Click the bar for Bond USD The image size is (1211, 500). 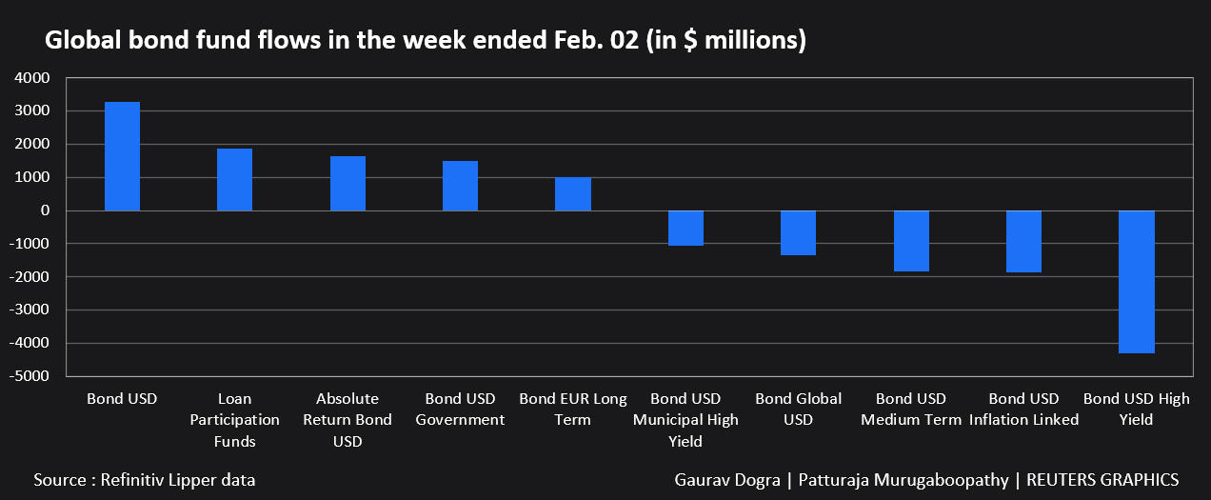[x=122, y=156]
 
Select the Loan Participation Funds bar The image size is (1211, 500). [x=234, y=180]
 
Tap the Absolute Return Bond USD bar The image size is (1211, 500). [x=347, y=184]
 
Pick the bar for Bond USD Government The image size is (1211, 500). [x=460, y=186]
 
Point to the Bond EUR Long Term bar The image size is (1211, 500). [x=573, y=194]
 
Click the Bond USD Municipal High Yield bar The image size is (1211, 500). [x=685, y=228]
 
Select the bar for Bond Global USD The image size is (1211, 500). [x=798, y=232]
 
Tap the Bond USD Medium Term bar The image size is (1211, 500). [x=911, y=241]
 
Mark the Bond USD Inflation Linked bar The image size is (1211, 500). [x=1023, y=241]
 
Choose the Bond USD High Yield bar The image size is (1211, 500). [x=1137, y=282]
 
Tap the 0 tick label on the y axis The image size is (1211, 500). [x=46, y=210]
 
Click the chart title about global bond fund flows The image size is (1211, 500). [x=426, y=41]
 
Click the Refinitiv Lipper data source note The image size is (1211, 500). [x=145, y=480]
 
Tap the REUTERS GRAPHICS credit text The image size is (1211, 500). [x=1102, y=480]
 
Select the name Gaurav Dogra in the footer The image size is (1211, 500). [x=725, y=480]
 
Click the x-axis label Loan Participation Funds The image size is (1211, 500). [x=234, y=420]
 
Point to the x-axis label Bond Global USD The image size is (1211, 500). [x=798, y=410]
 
